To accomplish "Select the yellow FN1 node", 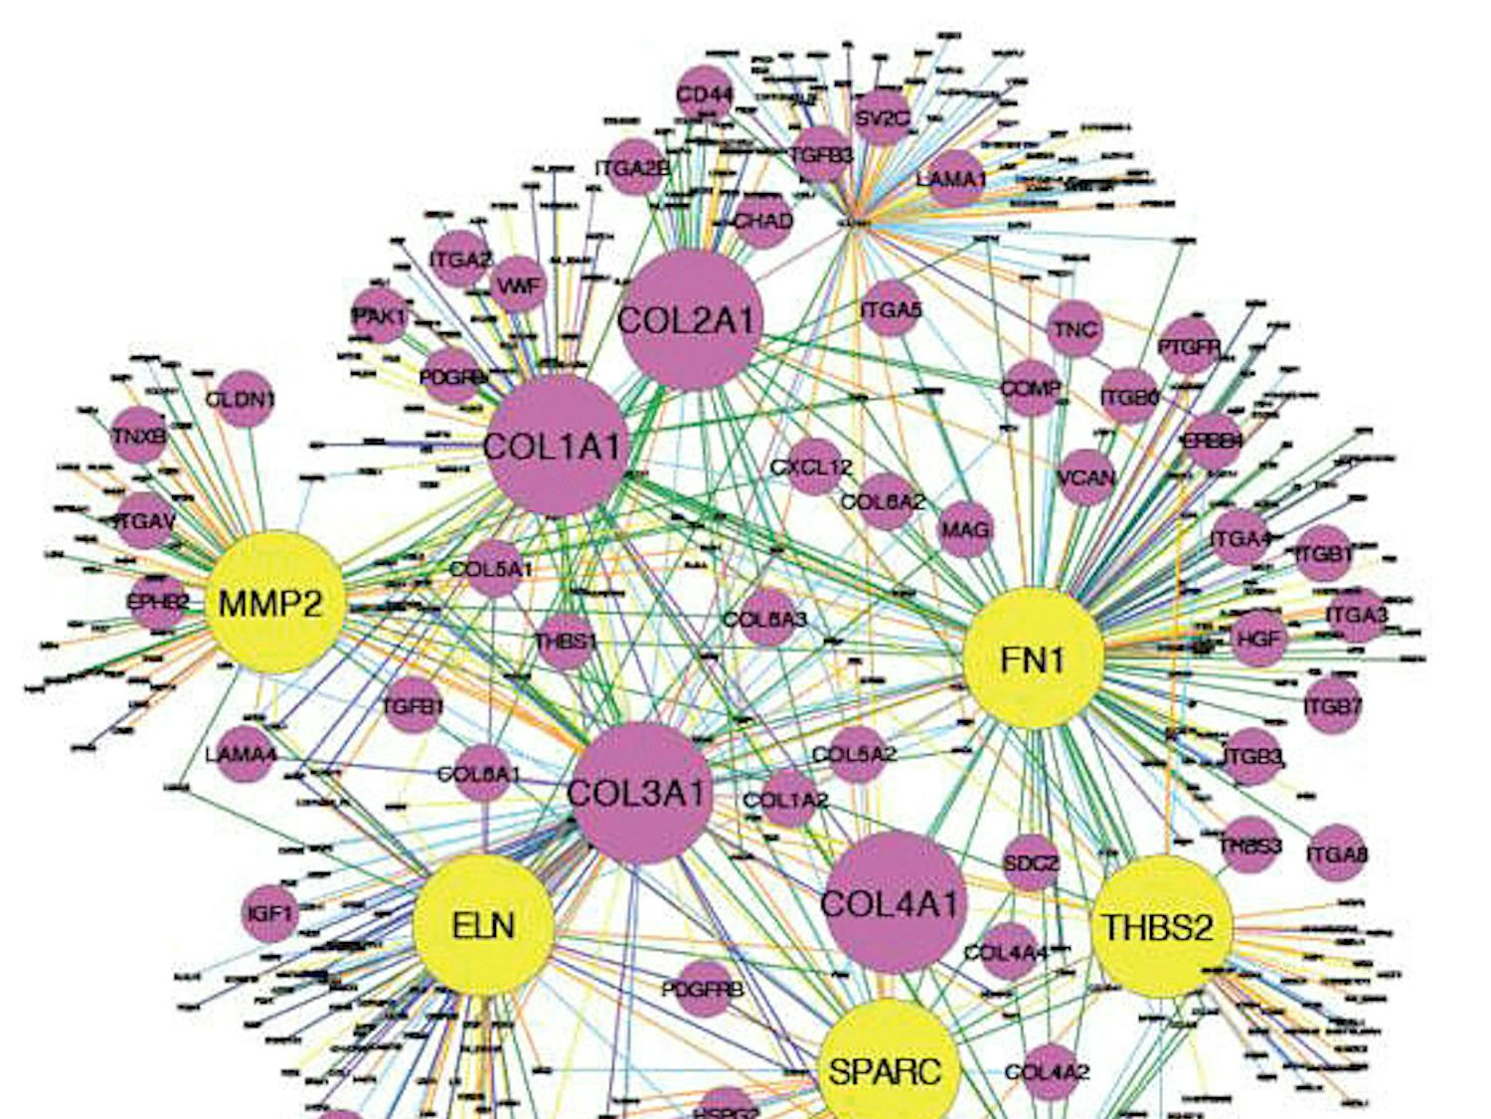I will point(1034,658).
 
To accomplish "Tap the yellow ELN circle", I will point(483,926).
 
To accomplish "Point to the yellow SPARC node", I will point(885,1069).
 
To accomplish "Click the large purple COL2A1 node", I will point(690,320).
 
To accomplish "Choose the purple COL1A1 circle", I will point(557,447).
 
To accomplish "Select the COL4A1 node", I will point(894,903).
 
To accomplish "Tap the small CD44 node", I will point(704,95).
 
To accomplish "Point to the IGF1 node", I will point(269,911).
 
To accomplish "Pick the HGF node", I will point(1258,638).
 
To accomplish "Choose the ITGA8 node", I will point(1336,852).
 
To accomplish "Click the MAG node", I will point(965,528).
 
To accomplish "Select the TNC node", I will point(1075,328).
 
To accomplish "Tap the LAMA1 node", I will point(953,178).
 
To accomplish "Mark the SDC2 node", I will point(1031,862).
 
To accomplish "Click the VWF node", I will point(518,285).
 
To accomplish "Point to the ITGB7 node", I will point(1332,706).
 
